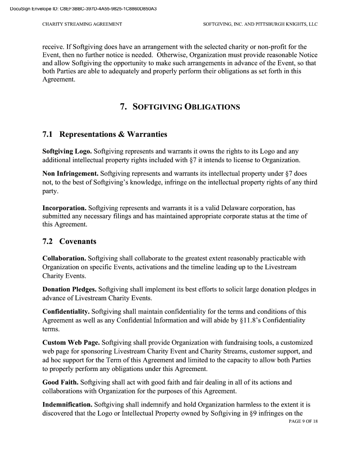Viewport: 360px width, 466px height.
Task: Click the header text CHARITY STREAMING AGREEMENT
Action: [82, 24]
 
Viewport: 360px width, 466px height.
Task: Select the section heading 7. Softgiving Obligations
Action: [180, 107]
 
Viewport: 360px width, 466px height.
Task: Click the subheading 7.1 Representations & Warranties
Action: [104, 134]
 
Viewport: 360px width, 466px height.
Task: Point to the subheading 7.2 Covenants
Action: [69, 241]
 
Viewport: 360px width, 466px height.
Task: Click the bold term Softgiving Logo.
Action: [67, 152]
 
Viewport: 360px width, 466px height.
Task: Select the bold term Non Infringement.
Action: [70, 173]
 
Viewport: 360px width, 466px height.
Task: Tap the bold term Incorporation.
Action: [64, 208]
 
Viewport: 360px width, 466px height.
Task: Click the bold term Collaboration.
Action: [64, 258]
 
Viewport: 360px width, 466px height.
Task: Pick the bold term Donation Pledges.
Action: [69, 290]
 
